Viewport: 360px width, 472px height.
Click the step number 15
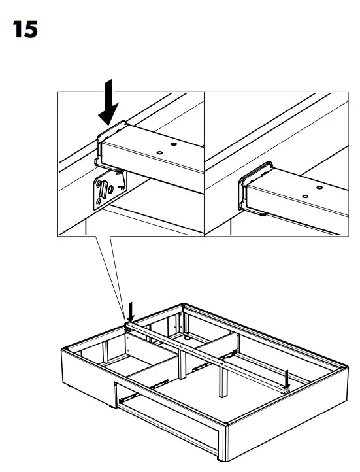(x=23, y=30)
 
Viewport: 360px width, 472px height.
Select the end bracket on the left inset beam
(x=108, y=141)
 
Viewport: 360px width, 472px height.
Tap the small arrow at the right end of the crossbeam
(x=286, y=377)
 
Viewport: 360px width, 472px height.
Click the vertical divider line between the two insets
(x=205, y=163)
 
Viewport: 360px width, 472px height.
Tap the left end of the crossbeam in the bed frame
(x=131, y=325)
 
